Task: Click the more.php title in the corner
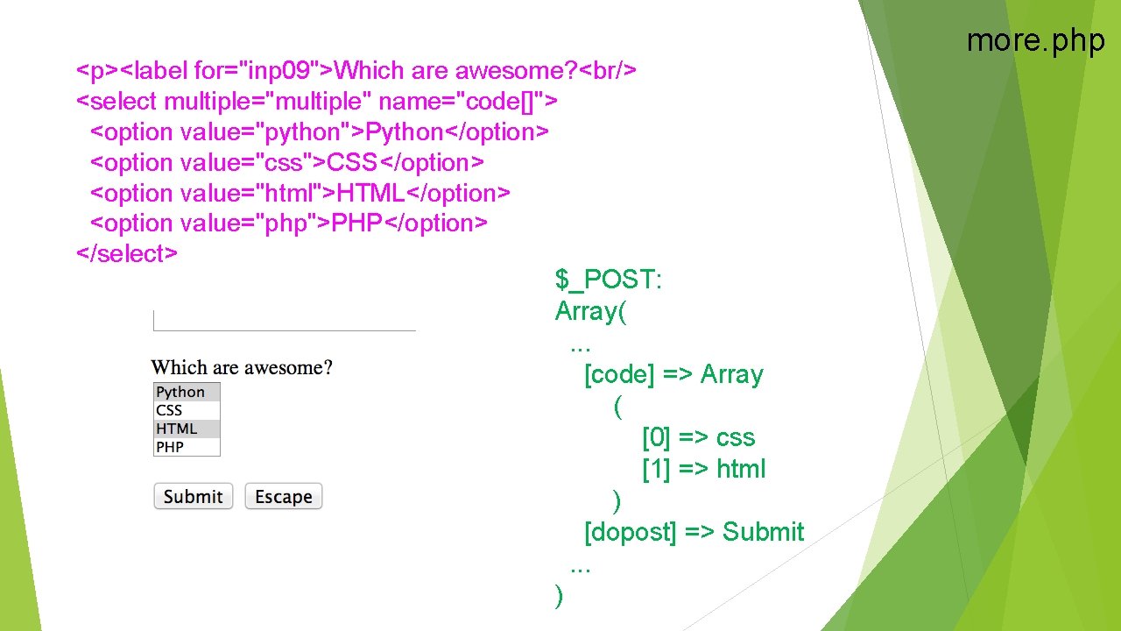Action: [x=1035, y=40]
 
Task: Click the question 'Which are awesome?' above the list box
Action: [x=242, y=367]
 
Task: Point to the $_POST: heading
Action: [x=609, y=280]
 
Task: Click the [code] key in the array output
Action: [x=619, y=374]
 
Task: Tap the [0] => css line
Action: [x=698, y=437]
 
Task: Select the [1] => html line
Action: [x=703, y=469]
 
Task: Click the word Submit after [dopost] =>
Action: [x=763, y=532]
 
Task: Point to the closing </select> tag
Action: [x=127, y=253]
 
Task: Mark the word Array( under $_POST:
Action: [x=590, y=311]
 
